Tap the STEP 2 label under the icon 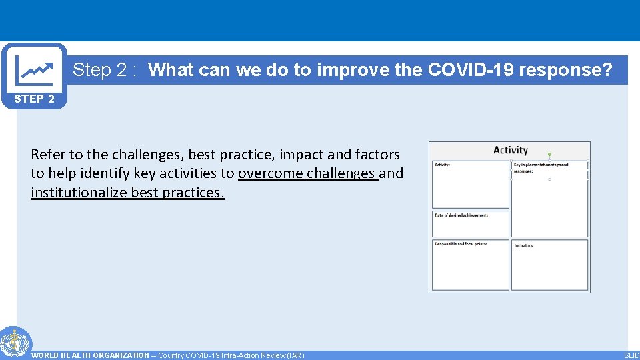tap(35, 99)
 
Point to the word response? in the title tap(573, 70)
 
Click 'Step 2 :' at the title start tap(105, 70)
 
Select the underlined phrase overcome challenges tap(308, 174)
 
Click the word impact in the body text tap(302, 155)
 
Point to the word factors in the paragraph tap(377, 155)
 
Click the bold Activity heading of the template tap(510, 150)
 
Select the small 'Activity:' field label tap(442, 164)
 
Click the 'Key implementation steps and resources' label tap(541, 167)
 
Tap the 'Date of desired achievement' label tap(461, 215)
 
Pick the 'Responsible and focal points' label tap(461, 244)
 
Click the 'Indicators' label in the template tap(524, 245)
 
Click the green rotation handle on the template tap(549, 154)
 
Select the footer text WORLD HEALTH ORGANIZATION tap(90, 355)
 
